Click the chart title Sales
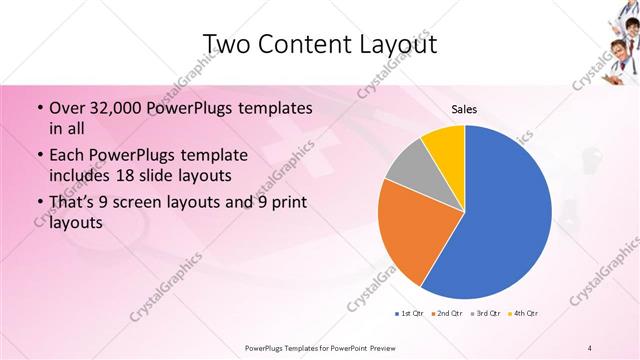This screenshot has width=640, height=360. point(464,109)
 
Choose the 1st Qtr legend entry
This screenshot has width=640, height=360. point(409,314)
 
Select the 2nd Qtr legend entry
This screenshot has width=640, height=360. point(445,314)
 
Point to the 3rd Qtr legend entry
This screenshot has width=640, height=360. point(485,314)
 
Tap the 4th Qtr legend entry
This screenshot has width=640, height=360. point(522,314)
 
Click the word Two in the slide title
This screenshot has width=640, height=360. point(228,43)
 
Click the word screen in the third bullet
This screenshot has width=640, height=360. point(158,204)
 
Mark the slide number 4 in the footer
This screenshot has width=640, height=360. point(591,347)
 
